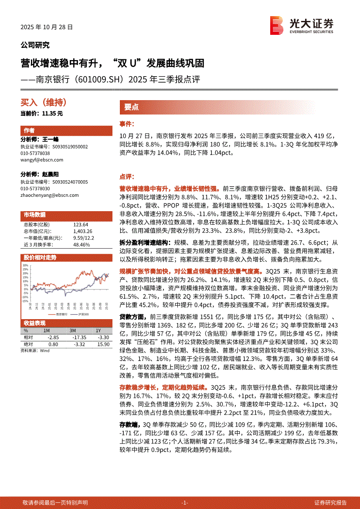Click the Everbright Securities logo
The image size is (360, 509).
tap(302, 25)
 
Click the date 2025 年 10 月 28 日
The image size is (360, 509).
tap(47, 27)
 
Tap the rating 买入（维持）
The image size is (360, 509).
tap(44, 103)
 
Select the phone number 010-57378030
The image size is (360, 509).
tap(35, 189)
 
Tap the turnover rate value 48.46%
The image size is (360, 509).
tap(82, 245)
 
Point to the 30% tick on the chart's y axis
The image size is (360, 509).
tap(25, 265)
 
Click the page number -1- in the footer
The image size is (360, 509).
tap(184, 502)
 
